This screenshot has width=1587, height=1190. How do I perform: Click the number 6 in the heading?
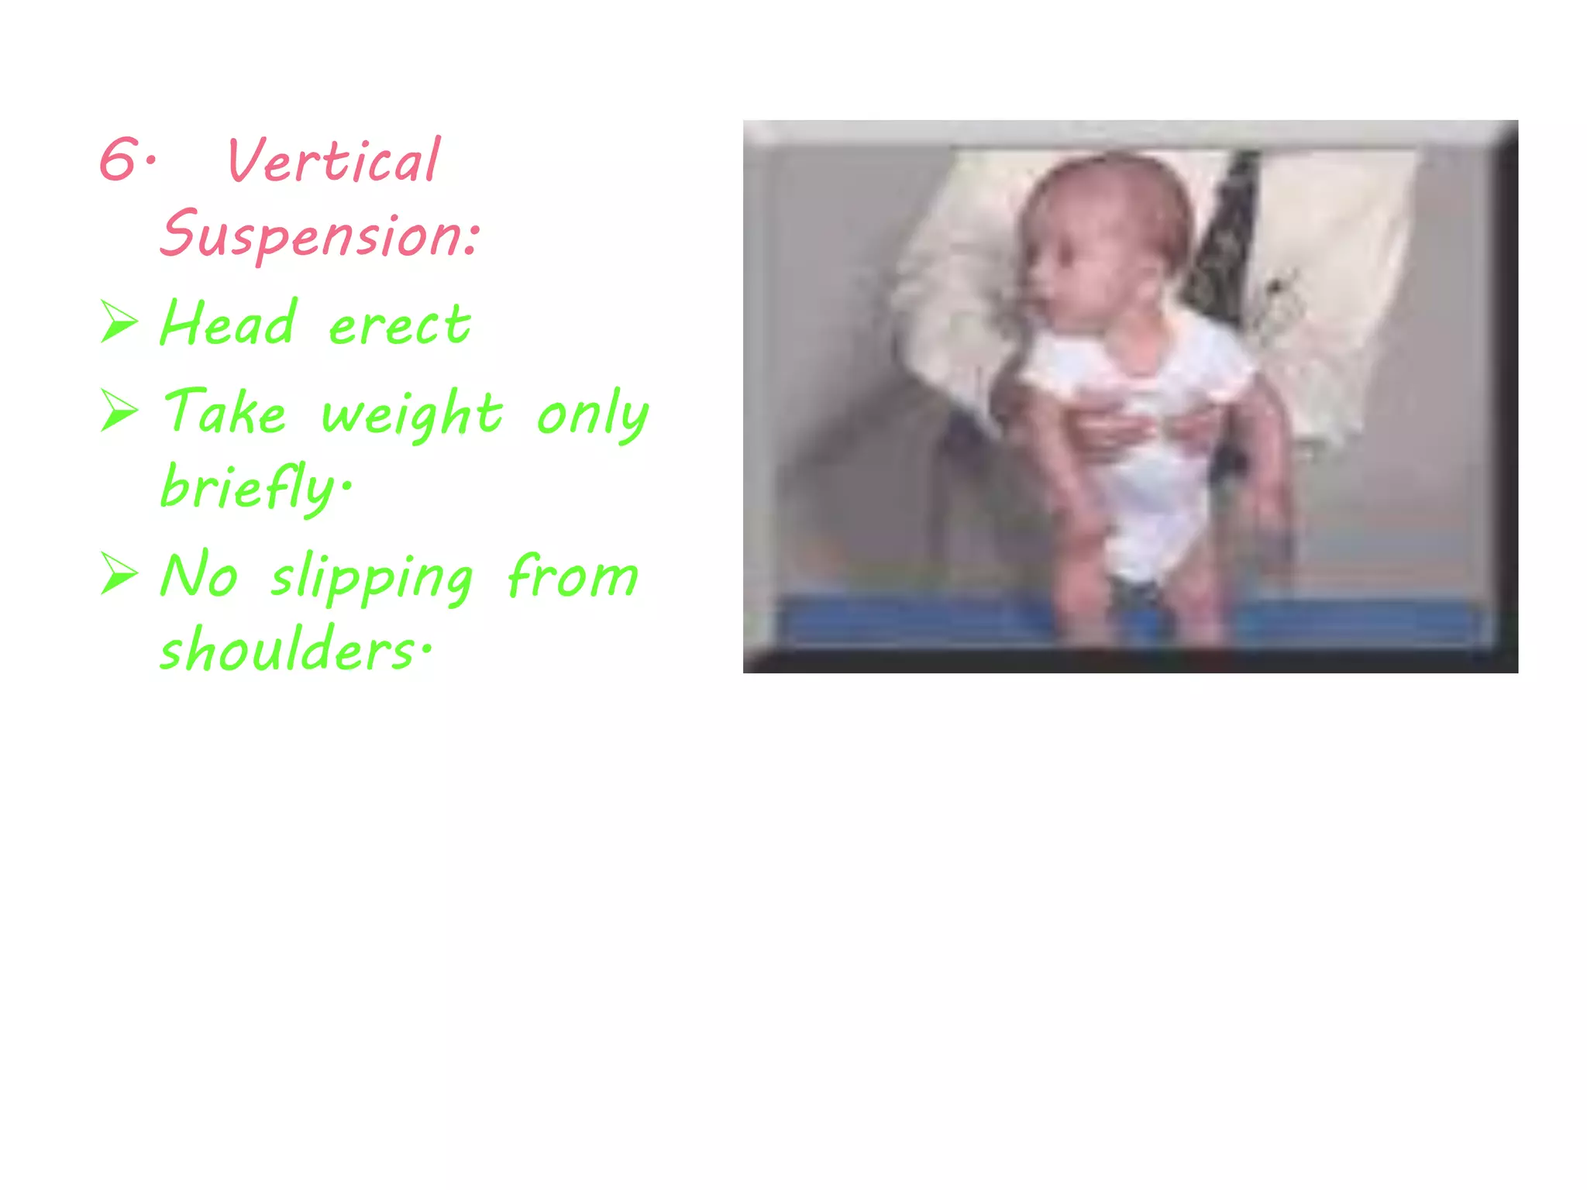click(119, 160)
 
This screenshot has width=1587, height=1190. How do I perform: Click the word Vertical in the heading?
click(333, 161)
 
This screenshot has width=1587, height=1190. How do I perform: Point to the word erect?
click(400, 325)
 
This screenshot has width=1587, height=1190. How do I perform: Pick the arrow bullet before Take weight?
click(119, 410)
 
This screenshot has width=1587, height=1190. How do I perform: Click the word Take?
click(225, 411)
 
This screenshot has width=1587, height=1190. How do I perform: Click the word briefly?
click(252, 487)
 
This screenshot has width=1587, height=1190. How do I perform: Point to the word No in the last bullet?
click(199, 576)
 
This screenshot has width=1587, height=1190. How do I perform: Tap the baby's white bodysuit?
click(1147, 480)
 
